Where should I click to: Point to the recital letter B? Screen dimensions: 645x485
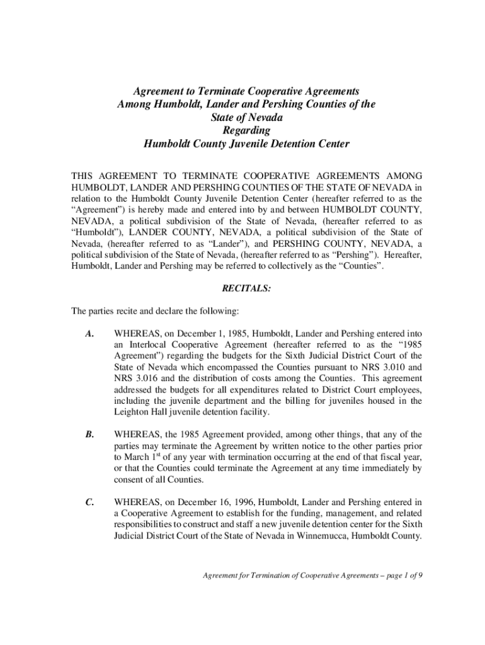pos(90,434)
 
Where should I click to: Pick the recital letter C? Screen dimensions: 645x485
pos(90,502)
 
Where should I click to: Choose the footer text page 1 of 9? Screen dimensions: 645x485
pos(399,575)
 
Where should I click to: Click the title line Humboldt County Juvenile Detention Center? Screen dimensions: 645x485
pos(246,144)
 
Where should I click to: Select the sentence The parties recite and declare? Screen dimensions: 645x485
pos(154,311)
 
